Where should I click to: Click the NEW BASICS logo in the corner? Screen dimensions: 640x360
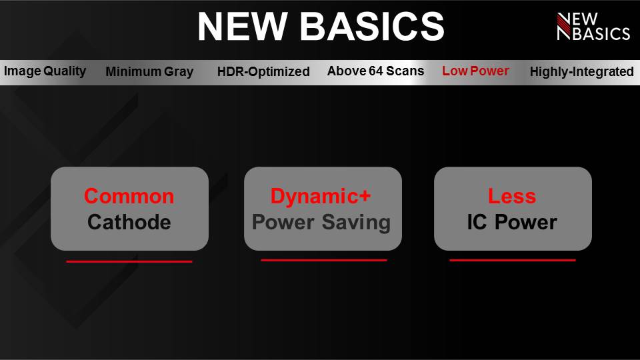click(593, 27)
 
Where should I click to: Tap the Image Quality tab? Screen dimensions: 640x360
click(45, 71)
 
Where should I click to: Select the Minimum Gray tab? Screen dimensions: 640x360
click(149, 71)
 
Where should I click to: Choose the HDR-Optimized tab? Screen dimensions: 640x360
click(263, 71)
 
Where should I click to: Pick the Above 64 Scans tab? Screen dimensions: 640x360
click(375, 71)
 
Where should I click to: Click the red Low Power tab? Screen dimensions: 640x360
click(475, 71)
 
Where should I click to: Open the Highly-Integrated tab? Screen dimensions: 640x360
click(581, 71)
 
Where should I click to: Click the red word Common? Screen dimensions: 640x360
click(129, 196)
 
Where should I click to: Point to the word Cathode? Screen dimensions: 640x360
click(129, 223)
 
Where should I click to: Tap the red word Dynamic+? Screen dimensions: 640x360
click(321, 197)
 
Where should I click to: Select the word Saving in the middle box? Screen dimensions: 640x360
click(356, 223)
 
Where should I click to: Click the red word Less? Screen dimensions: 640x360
click(512, 196)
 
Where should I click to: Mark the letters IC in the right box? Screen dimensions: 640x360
click(477, 223)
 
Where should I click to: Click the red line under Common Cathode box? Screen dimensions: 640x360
click(129, 261)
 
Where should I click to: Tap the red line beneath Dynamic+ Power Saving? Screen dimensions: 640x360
click(324, 260)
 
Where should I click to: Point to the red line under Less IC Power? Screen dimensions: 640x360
click(512, 260)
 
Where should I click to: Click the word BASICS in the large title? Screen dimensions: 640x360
click(372, 27)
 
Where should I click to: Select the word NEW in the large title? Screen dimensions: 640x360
click(243, 27)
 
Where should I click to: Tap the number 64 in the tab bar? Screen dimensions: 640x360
click(375, 71)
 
